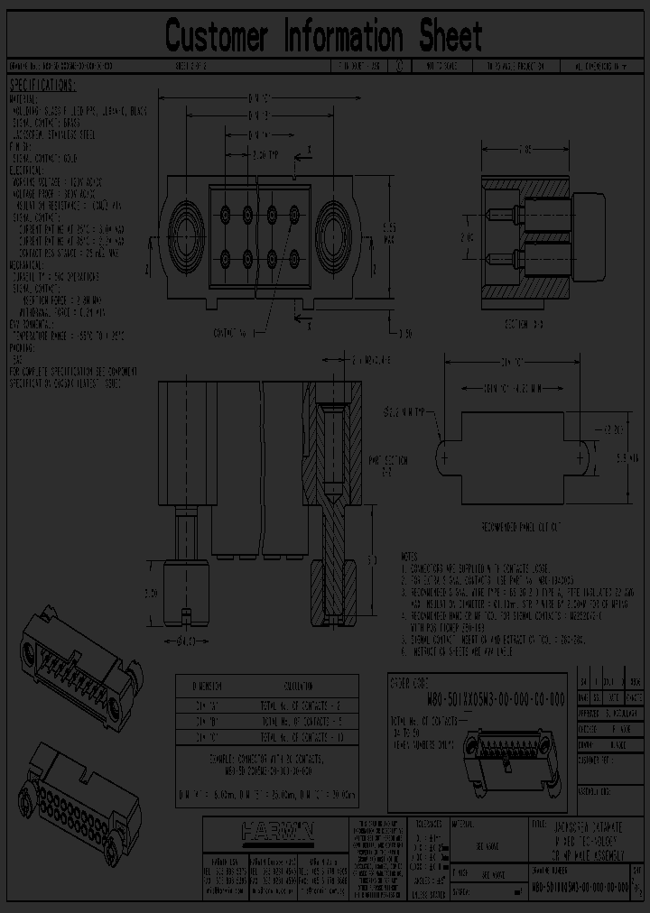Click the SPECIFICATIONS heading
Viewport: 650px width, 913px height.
click(42, 86)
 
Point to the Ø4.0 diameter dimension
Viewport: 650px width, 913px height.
click(186, 642)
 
